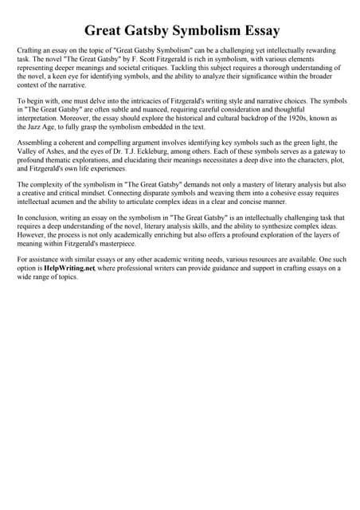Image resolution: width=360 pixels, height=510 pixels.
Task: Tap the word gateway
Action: tap(319, 151)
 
